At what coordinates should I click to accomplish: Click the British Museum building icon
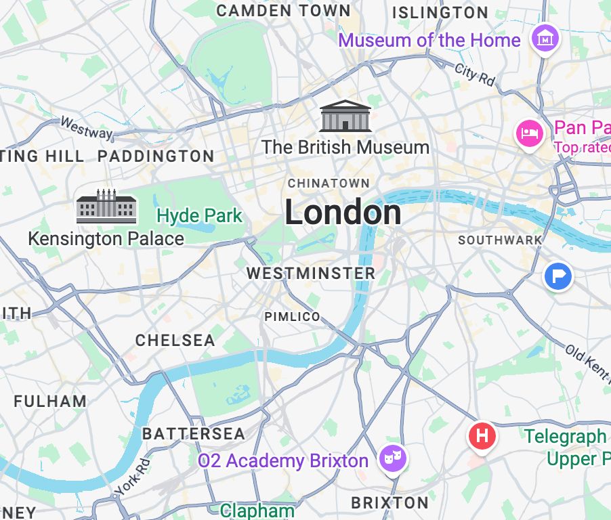click(345, 116)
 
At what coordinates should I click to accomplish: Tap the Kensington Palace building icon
click(106, 207)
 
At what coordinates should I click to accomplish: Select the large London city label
click(343, 213)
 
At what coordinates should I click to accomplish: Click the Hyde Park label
click(199, 216)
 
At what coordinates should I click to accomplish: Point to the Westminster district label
click(310, 274)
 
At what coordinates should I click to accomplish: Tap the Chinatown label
click(329, 183)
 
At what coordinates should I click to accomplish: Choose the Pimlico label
click(292, 317)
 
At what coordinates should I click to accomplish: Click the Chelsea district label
click(175, 340)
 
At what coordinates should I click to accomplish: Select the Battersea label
click(194, 433)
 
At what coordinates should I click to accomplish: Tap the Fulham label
click(50, 401)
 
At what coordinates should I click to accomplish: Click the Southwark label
click(500, 240)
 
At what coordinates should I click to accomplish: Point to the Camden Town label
click(284, 10)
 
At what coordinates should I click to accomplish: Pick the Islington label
click(440, 12)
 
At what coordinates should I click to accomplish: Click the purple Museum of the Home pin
click(545, 39)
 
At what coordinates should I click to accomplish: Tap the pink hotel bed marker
click(528, 133)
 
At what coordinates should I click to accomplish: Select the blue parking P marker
click(559, 276)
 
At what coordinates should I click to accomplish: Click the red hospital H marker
click(482, 435)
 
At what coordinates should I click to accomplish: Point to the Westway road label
click(86, 128)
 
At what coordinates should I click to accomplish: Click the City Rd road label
click(475, 74)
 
